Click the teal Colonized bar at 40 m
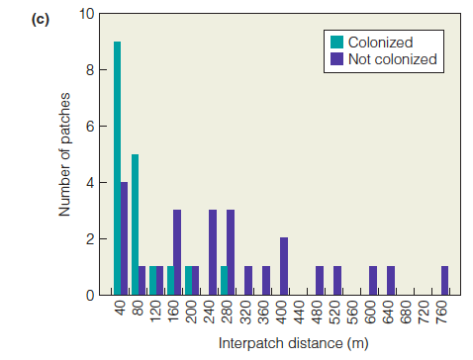click(118, 168)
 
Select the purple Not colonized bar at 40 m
click(125, 238)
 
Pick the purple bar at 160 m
click(177, 252)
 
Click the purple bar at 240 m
click(213, 252)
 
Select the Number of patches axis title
click(66, 154)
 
